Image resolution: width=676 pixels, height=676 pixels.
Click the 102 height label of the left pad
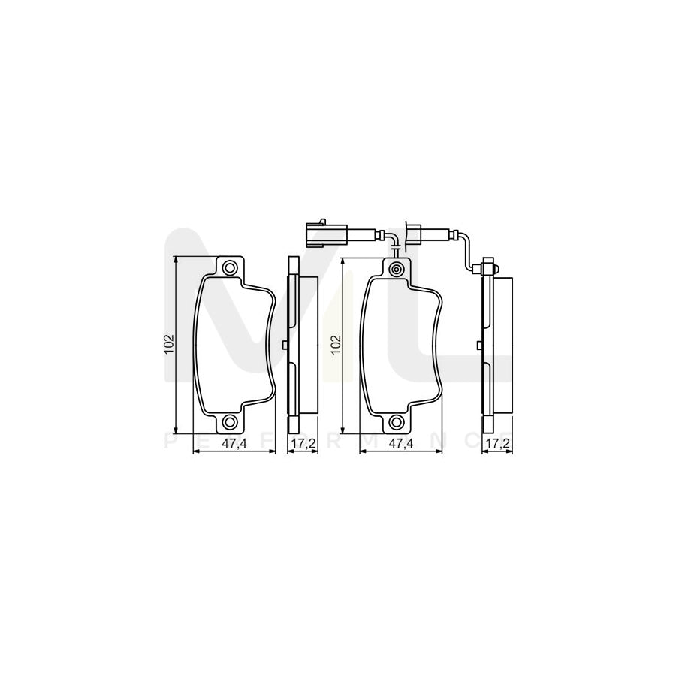(x=169, y=344)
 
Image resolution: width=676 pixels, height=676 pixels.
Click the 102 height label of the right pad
(x=336, y=345)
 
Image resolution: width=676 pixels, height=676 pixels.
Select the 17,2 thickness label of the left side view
(x=301, y=444)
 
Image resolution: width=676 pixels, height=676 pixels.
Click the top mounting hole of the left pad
(x=229, y=267)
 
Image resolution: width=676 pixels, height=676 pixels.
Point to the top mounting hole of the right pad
(x=397, y=268)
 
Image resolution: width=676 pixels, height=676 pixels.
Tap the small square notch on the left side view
(x=285, y=345)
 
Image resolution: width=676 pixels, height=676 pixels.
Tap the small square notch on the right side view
(x=478, y=345)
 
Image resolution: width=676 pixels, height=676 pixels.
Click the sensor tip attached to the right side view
(x=486, y=267)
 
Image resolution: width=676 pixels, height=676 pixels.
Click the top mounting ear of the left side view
(x=293, y=267)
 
